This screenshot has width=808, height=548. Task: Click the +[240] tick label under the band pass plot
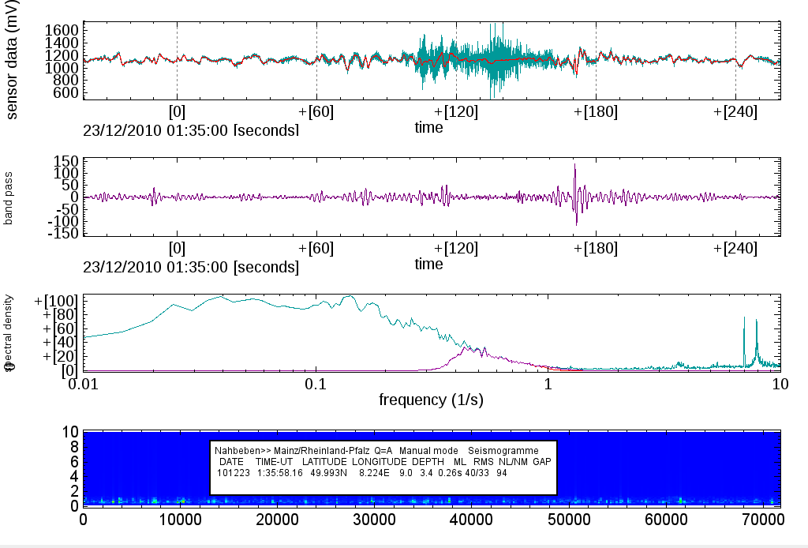[x=735, y=248]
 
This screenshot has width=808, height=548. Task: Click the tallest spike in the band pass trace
[x=575, y=166]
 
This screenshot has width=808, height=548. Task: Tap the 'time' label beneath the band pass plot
[x=428, y=265]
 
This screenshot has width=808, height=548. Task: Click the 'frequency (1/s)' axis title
[x=431, y=400]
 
